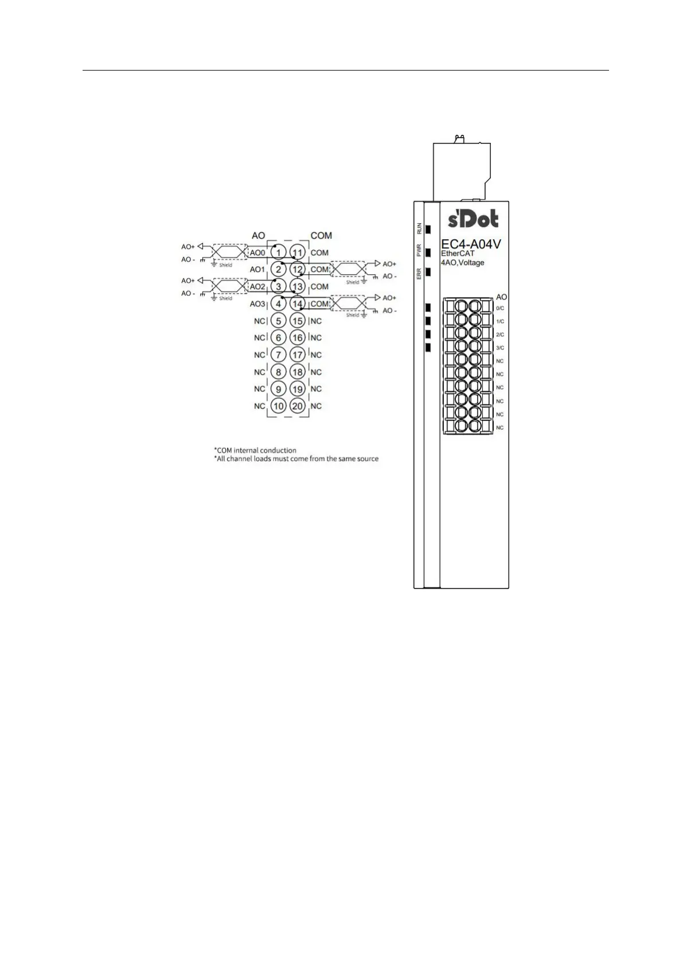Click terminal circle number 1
tap(278, 252)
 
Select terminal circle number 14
tap(297, 303)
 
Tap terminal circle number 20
tap(297, 406)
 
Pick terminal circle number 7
tap(278, 355)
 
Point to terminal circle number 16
tap(297, 338)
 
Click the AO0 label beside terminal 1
tap(257, 252)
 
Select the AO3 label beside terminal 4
tap(257, 303)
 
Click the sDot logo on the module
tap(473, 219)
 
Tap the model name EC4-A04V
tap(471, 244)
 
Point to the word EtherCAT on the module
tap(458, 254)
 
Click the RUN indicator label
tap(419, 228)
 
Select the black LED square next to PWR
tap(427, 251)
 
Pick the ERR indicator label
tap(419, 273)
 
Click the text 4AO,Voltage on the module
tap(462, 263)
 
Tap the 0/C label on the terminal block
tap(500, 308)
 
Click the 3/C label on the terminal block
tap(500, 348)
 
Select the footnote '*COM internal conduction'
tap(255, 450)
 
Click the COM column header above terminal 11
tap(321, 235)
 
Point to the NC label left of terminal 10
tap(260, 406)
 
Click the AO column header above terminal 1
tap(258, 235)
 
